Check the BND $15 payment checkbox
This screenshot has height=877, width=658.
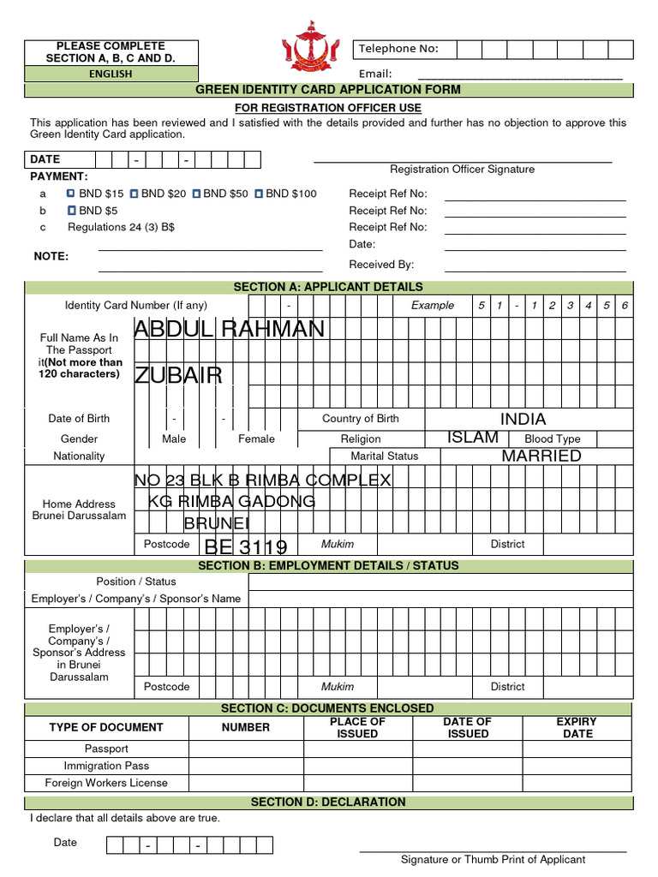tap(71, 194)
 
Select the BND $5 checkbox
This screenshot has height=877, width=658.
tap(71, 210)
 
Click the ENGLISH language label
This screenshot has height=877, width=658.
tap(111, 74)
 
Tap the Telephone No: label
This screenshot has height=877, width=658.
tap(398, 49)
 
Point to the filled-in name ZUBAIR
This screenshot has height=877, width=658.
tap(178, 375)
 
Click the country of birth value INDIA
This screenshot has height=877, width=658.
tap(523, 419)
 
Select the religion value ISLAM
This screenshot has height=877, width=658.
tap(472, 438)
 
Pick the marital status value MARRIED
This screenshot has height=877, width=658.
tap(541, 456)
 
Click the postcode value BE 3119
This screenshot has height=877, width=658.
tap(246, 547)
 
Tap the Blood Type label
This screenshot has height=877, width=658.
tap(552, 438)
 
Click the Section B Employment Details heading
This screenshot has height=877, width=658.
tap(328, 565)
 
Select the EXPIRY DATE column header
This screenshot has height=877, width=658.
tap(577, 727)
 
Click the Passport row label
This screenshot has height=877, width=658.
tap(106, 749)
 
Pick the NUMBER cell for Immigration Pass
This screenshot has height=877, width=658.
tap(246, 766)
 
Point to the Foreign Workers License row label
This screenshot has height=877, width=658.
tap(106, 783)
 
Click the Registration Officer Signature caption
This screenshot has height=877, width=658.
tap(462, 170)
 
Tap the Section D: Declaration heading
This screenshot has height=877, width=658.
tap(328, 802)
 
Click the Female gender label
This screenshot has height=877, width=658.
tap(256, 438)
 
